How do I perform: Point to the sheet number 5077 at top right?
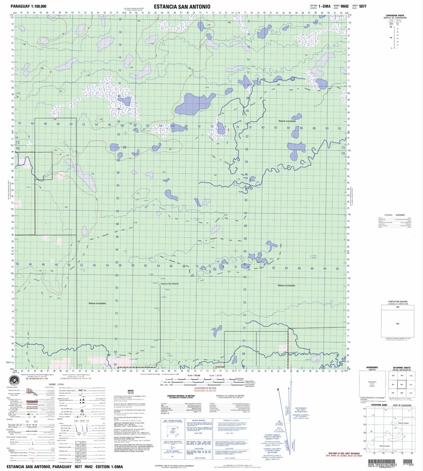pos(363,6)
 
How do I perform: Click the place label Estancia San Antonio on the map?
pos(172,284)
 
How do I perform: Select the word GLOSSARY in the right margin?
pos(400,215)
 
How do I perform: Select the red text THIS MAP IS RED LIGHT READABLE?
pos(347,453)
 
